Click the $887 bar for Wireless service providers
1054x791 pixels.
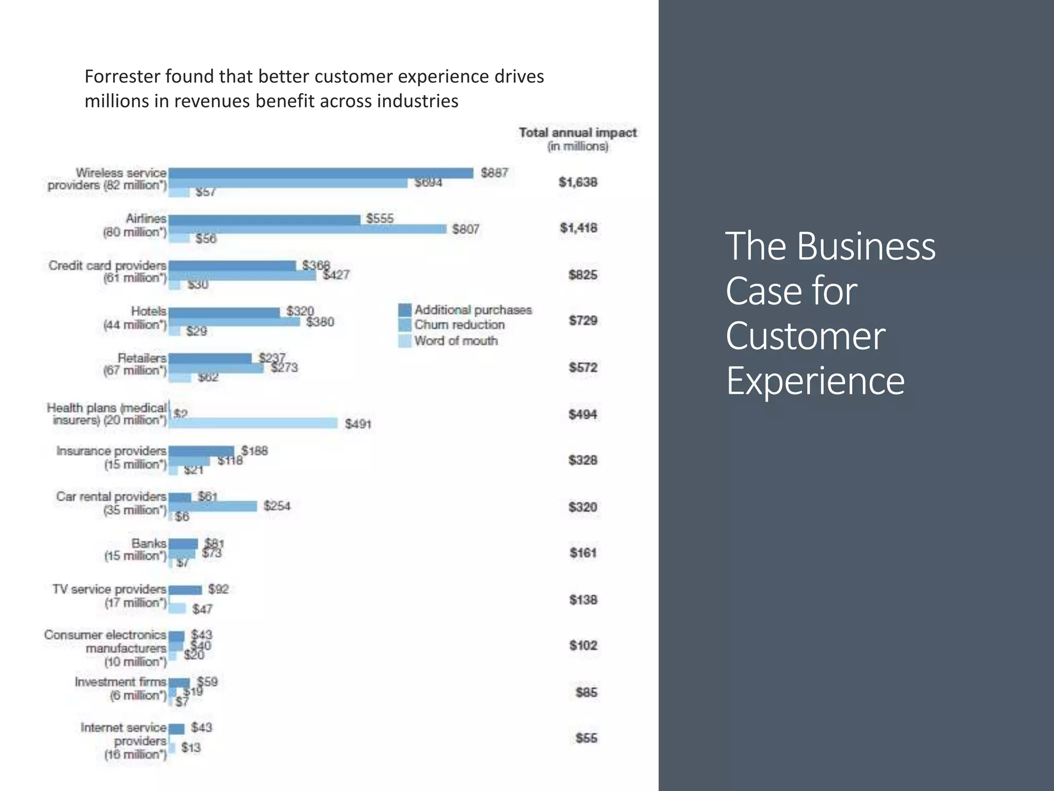coord(321,173)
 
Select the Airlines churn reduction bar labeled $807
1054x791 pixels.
coord(307,229)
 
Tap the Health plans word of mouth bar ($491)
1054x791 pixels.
coord(253,423)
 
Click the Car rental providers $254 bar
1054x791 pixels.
coord(213,506)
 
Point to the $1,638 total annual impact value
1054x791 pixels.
coord(578,182)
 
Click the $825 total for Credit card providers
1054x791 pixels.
coord(583,275)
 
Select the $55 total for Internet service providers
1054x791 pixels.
coord(586,738)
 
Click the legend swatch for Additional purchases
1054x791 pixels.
coord(405,310)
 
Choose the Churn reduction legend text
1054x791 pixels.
coord(459,325)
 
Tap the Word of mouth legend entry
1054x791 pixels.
coord(455,341)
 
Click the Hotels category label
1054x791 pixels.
coord(148,311)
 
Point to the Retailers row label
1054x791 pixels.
coord(142,358)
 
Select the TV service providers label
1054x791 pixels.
coord(109,589)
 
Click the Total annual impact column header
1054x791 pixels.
coord(577,133)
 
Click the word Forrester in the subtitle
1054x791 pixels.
coord(121,76)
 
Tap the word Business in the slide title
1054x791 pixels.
coord(866,247)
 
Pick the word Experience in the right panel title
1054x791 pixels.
coord(815,381)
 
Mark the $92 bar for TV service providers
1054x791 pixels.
coord(185,590)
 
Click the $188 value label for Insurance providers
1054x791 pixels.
coord(255,451)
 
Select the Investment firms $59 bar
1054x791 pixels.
coord(179,683)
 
